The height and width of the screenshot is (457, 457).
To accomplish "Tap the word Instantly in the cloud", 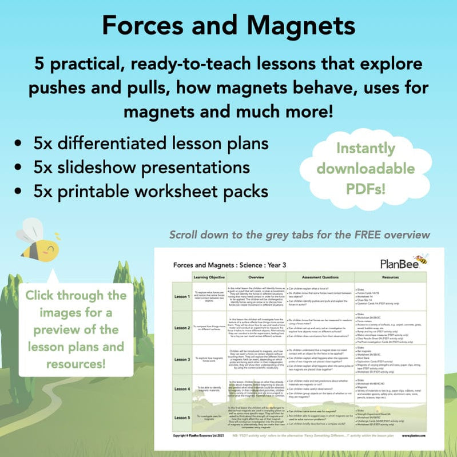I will click(367, 149).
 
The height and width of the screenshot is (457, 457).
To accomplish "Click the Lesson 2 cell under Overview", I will click(256, 327).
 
